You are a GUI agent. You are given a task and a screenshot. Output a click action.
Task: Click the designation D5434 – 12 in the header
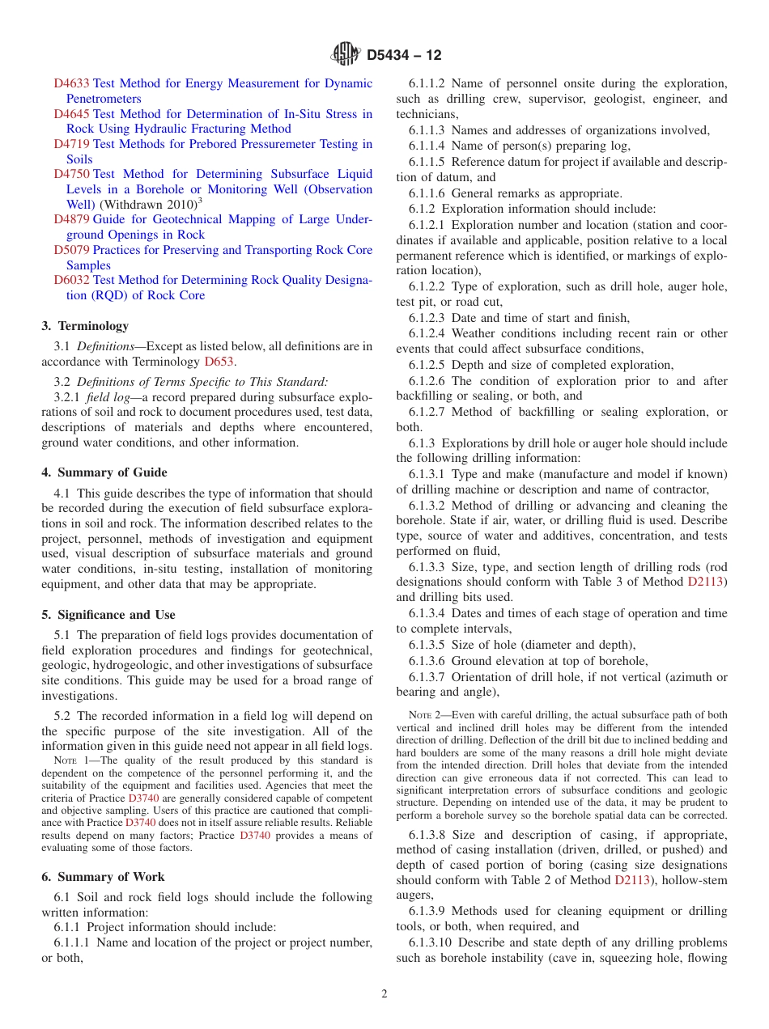[x=404, y=56]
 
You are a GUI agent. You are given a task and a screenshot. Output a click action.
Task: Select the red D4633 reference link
[x=71, y=83]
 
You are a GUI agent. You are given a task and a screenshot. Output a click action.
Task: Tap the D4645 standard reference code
[x=71, y=114]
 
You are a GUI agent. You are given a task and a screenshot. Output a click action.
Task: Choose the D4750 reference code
[x=71, y=174]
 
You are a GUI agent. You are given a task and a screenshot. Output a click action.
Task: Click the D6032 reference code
[x=71, y=280]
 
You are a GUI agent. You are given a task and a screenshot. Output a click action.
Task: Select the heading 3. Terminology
[x=85, y=326]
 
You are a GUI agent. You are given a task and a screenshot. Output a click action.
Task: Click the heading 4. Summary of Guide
[x=104, y=472]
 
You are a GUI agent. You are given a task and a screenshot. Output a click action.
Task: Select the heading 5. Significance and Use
[x=108, y=615]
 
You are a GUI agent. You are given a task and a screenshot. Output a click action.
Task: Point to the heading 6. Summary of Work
[x=103, y=877]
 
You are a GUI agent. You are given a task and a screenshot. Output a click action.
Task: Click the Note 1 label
[x=69, y=760]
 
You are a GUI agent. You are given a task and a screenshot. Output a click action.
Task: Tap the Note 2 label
[x=424, y=715]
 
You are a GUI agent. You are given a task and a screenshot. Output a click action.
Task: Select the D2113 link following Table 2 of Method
[x=633, y=880]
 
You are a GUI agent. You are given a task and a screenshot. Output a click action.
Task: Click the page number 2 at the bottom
[x=384, y=994]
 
